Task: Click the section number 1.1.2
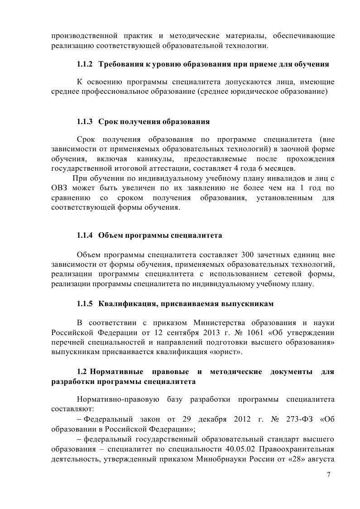[x=85, y=65]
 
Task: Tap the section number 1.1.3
[x=85, y=122]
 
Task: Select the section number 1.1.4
[x=85, y=235]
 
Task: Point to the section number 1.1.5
[x=85, y=303]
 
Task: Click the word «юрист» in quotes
[x=230, y=351]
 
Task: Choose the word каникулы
[x=150, y=158]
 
